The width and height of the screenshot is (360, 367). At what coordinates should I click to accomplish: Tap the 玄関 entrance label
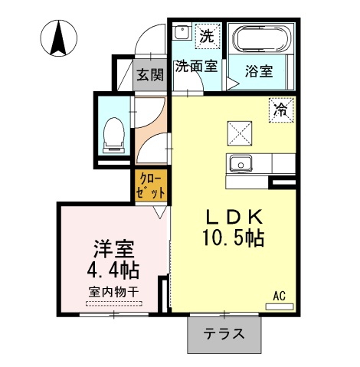pos(150,74)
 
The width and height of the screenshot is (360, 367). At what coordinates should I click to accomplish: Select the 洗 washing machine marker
pos(206,34)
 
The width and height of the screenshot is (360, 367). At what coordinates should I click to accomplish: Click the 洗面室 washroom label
pos(195,67)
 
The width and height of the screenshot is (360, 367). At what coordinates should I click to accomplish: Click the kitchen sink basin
pos(241,163)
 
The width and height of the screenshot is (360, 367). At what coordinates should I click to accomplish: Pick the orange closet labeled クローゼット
pos(148,187)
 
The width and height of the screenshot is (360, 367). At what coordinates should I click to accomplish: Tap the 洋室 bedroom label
pos(114,250)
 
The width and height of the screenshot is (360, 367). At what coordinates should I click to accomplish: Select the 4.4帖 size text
pos(114,271)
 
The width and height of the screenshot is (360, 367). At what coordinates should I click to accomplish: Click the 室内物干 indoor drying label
pos(114,292)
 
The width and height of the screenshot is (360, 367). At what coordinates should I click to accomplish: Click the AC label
pos(280,294)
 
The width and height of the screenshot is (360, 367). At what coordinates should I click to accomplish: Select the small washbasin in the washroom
pos(182,33)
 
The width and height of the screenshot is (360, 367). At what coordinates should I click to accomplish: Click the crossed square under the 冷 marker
pos(239,133)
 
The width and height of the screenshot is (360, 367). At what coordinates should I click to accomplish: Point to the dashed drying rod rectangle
pos(114,303)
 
